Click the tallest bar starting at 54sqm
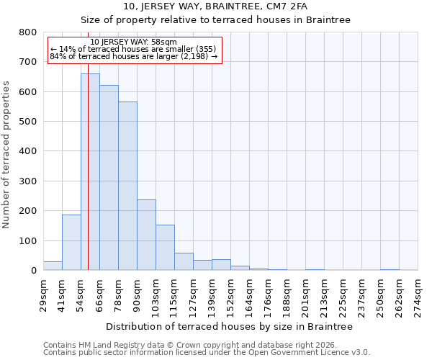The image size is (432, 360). [x=90, y=172]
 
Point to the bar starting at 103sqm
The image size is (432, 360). [x=165, y=248]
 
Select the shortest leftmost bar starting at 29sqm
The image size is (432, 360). [x=53, y=266]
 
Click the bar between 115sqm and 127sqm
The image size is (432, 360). [x=184, y=262]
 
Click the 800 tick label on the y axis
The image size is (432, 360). [x=28, y=32]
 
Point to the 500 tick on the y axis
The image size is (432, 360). [x=28, y=122]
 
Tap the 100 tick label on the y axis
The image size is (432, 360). [x=28, y=240]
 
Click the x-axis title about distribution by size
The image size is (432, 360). [x=229, y=326]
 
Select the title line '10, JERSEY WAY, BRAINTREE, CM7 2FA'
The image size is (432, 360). [x=215, y=6]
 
